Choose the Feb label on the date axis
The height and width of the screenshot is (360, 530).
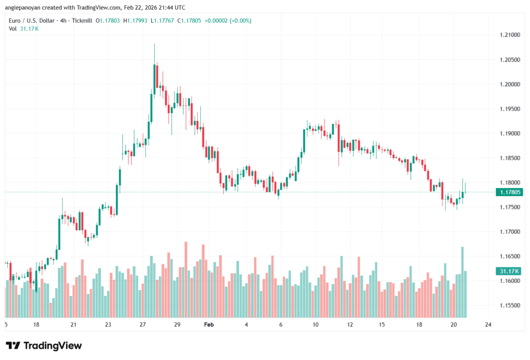(x=209, y=325)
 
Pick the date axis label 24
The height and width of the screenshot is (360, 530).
(x=488, y=325)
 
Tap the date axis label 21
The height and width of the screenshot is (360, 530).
(x=73, y=325)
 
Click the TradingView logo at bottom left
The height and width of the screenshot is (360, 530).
(x=44, y=346)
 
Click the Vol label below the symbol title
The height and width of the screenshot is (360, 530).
(x=12, y=28)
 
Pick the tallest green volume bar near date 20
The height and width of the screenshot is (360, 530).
(x=462, y=282)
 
